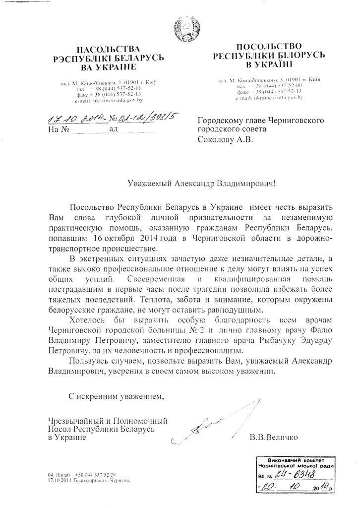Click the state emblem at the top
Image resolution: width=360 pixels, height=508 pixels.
click(180, 27)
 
